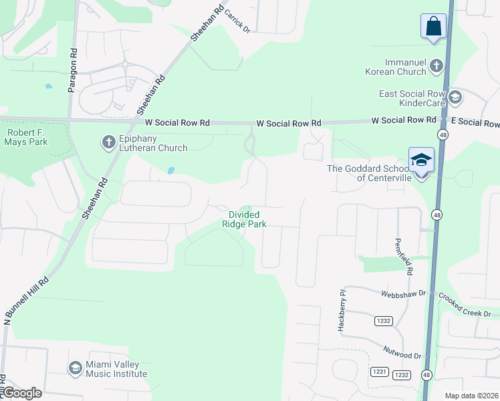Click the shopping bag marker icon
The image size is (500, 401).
(433, 27)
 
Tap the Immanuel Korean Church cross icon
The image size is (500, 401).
(436, 65)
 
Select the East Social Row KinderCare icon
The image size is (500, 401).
(455, 98)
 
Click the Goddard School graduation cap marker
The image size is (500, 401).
(422, 160)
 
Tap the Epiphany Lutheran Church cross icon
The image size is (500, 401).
(108, 142)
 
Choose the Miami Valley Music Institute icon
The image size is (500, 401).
(75, 368)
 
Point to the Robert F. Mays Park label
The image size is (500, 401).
(27, 137)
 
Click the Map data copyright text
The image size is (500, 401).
(471, 396)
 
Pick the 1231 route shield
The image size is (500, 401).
(380, 372)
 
